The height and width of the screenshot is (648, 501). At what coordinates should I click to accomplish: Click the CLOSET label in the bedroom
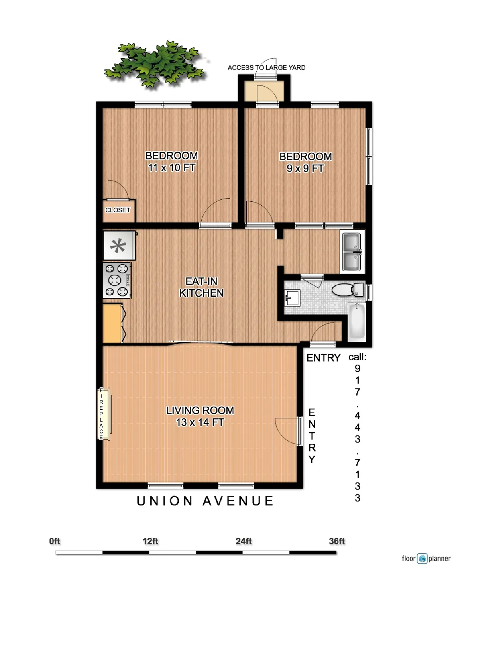point(117,210)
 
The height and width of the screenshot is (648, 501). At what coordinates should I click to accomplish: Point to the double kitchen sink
point(351,252)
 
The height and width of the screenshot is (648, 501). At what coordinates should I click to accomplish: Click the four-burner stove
point(117,280)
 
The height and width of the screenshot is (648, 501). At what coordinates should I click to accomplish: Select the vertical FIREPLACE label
point(101,414)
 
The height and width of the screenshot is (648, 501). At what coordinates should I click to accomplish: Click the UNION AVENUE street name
point(205,501)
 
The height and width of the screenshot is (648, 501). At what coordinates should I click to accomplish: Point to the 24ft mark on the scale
point(244,542)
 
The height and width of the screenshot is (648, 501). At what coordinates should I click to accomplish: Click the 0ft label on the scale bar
point(55,542)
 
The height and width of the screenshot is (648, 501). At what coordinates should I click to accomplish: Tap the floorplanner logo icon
point(422,559)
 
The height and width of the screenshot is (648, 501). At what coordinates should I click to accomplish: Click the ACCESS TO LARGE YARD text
point(266,68)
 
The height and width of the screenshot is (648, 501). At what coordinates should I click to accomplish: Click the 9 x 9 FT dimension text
point(305,169)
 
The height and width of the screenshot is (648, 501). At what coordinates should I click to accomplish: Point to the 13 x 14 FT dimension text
point(200,423)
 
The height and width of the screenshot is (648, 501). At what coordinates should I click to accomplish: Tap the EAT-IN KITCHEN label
point(201,287)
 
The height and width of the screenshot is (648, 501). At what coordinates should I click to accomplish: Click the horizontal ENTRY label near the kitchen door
point(323,358)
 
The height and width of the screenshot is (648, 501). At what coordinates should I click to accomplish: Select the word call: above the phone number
point(357,357)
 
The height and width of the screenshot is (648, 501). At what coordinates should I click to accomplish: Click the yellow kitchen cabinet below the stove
point(112,323)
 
